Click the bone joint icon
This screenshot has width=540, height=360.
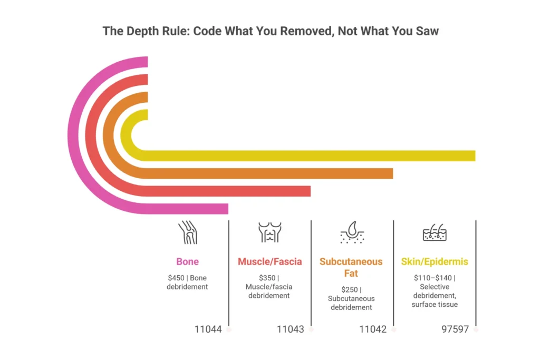[188, 232]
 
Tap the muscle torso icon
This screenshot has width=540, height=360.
[269, 232]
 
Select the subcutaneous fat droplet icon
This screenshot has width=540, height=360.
[352, 232]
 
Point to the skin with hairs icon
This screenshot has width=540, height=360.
[435, 232]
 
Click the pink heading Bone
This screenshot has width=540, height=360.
[188, 261]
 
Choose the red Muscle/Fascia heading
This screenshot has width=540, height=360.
[269, 261]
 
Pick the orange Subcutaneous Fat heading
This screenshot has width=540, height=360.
[351, 267]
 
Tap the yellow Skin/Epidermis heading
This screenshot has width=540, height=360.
[435, 261]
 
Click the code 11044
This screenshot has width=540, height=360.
[208, 329]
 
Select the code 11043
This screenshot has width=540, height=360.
[291, 329]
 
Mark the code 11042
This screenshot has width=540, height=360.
[373, 329]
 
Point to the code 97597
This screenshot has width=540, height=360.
[455, 329]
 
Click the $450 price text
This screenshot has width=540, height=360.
[176, 278]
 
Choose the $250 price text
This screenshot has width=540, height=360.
[349, 289]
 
